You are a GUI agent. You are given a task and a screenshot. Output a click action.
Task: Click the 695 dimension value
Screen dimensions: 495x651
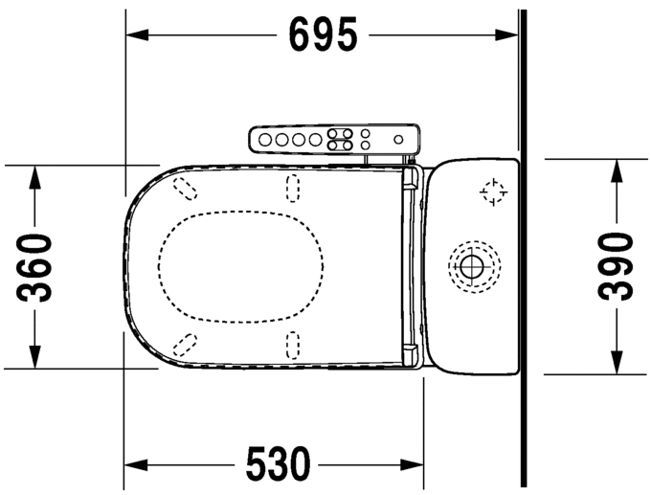pyautogui.click(x=323, y=35)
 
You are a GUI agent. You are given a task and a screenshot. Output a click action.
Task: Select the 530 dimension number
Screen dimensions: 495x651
pyautogui.click(x=279, y=465)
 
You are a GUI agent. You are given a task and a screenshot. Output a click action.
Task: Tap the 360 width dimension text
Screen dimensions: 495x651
pyautogui.click(x=36, y=267)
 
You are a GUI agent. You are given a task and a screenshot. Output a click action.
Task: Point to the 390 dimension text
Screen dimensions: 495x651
pyautogui.click(x=616, y=267)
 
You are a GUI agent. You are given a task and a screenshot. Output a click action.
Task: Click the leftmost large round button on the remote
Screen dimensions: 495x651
pyautogui.click(x=265, y=140)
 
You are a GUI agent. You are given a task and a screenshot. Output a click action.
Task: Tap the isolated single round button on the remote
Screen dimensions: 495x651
pyautogui.click(x=394, y=139)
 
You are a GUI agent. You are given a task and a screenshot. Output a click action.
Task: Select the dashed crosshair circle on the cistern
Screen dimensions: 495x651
pyautogui.click(x=493, y=193)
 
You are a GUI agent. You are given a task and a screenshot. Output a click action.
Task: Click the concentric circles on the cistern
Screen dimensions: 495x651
pyautogui.click(x=472, y=263)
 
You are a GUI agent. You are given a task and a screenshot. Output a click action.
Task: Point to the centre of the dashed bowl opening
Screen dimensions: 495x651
pyautogui.click(x=244, y=265)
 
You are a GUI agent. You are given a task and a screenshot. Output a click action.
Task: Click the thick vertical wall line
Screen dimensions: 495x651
pyautogui.click(x=522, y=249)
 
